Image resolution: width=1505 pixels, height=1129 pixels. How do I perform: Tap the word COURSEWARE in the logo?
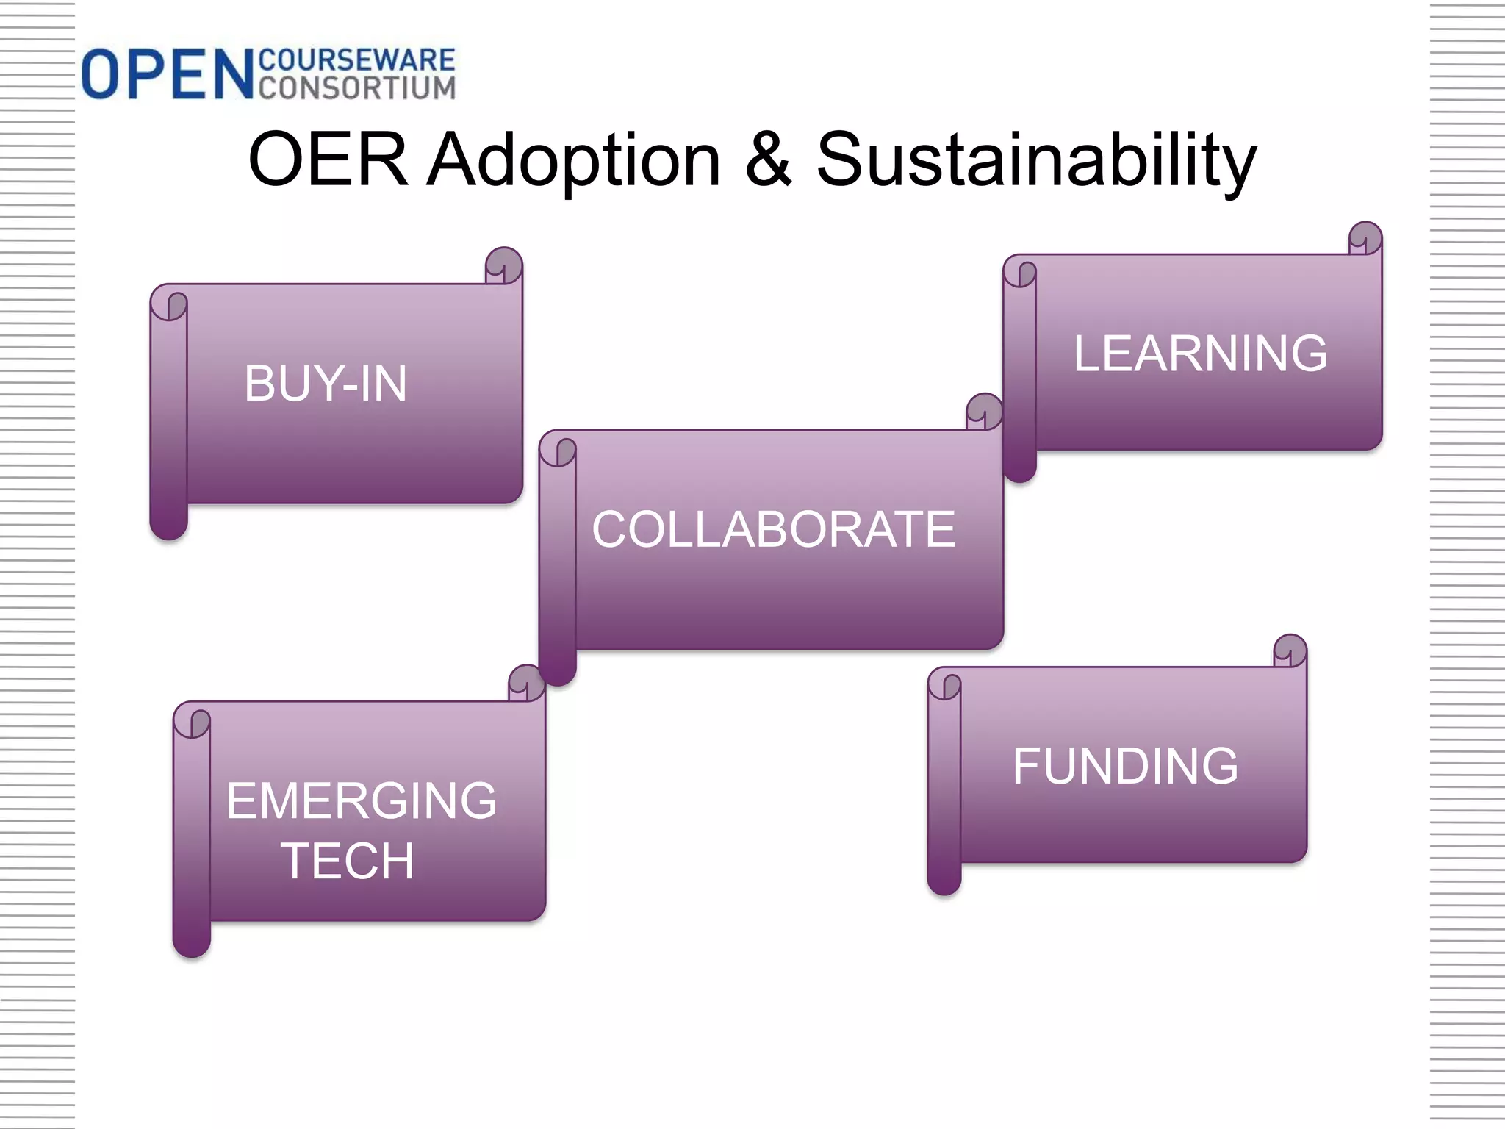pos(357,60)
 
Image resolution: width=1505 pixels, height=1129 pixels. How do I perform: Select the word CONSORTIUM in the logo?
pos(357,87)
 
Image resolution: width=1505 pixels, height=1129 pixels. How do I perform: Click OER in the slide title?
pos(328,160)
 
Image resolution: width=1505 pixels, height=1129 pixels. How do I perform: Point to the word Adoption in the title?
pos(574,160)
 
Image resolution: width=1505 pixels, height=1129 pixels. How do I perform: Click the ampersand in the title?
pos(769,160)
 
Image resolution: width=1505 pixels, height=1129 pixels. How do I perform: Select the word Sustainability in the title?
pos(1036,160)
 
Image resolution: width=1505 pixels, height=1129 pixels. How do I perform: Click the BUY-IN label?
pos(326,383)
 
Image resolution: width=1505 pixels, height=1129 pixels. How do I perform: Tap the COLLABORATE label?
pos(773,529)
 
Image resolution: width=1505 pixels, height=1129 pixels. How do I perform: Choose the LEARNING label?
pos(1200,354)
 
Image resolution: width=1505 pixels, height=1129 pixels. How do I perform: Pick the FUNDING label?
pos(1125,766)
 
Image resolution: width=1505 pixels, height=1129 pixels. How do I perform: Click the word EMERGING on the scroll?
pos(361,800)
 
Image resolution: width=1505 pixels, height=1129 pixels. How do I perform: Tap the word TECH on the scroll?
pos(347,861)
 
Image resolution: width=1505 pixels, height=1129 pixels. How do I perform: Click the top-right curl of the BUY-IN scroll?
pos(504,265)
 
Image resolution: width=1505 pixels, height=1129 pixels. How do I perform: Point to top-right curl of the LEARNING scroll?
pos(1365,238)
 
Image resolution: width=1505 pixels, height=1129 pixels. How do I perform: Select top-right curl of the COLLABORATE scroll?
pos(984,412)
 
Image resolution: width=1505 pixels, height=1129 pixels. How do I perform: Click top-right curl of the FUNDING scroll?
pos(1290,650)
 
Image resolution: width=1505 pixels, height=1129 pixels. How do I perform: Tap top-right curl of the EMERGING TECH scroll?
pos(526,683)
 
